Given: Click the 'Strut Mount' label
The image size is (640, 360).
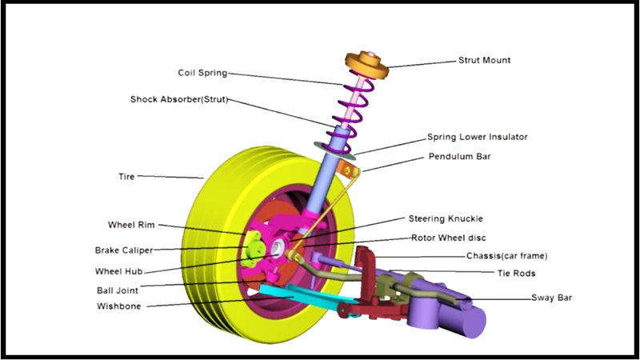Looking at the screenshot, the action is (484, 60).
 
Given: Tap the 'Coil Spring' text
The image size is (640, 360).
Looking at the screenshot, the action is (202, 73).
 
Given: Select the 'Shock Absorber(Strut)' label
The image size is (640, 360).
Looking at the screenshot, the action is (178, 99).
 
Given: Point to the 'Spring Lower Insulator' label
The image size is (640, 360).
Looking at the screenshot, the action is (477, 137).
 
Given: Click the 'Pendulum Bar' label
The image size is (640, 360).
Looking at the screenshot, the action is (459, 156).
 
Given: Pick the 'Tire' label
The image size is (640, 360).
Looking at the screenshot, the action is (126, 177).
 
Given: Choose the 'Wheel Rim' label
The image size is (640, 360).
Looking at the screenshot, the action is (131, 225).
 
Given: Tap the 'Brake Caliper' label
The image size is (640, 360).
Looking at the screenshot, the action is (124, 250).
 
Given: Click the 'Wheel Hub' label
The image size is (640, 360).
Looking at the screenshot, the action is (118, 271).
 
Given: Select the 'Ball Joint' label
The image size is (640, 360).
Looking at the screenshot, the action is (118, 290).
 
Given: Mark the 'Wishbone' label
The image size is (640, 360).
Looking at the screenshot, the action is (118, 306).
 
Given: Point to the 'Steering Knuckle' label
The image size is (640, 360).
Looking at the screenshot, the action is (446, 218).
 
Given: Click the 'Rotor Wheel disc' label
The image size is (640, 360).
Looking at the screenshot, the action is (448, 238).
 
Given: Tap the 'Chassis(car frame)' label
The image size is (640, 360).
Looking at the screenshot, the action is (506, 256).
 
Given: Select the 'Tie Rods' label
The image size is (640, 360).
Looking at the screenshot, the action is (516, 273).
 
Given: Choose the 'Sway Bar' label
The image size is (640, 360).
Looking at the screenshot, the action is (551, 298).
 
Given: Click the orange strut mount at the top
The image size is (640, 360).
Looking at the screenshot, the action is (367, 66).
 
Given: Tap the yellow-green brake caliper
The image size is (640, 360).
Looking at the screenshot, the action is (254, 249).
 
